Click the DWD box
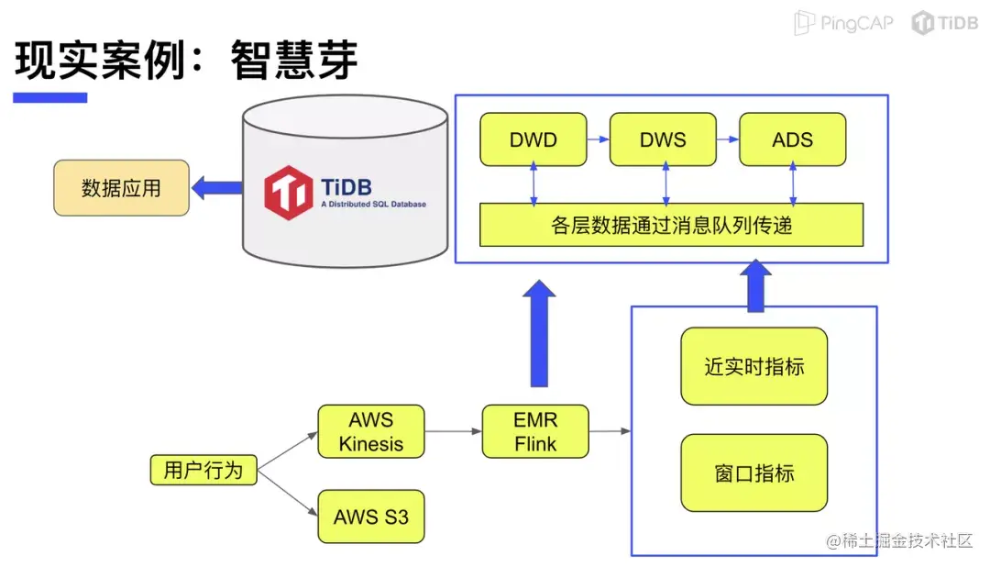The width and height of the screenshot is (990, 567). (533, 139)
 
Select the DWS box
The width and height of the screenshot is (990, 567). (663, 139)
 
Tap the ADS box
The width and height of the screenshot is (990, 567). (792, 139)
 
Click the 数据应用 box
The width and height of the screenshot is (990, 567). (121, 188)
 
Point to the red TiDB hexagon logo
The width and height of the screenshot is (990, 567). (288, 193)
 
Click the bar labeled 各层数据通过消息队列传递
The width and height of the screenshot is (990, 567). (671, 225)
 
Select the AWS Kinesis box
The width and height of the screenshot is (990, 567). (371, 432)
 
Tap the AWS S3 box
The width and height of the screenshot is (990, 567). (371, 517)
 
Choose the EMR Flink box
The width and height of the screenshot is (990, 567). (535, 432)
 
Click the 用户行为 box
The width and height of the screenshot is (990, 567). (203, 470)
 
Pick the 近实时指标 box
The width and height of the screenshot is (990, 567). (753, 366)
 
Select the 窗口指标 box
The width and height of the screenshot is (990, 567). (753, 472)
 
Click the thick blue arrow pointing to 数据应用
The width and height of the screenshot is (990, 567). (216, 188)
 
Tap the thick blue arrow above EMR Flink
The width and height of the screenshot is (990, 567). (539, 334)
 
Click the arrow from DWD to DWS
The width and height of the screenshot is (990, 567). (598, 139)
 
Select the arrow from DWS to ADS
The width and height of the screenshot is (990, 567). (728, 139)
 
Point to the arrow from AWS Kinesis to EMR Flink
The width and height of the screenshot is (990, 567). (454, 432)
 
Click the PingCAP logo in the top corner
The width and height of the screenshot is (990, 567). (843, 23)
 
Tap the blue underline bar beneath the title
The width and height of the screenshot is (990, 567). (49, 97)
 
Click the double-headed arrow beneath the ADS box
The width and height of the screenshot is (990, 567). (793, 184)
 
